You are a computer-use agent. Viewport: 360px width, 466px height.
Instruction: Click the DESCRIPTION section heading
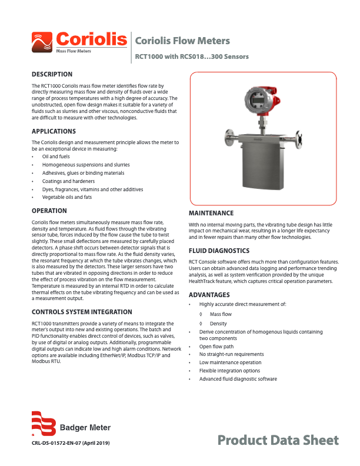[x=52, y=75]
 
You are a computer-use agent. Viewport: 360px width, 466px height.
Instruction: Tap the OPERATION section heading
[x=49, y=210]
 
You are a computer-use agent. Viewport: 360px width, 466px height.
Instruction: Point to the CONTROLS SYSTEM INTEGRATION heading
[x=82, y=312]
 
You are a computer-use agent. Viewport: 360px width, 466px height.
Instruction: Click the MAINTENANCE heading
[x=211, y=213]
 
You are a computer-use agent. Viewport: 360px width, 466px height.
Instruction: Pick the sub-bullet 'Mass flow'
[x=221, y=315]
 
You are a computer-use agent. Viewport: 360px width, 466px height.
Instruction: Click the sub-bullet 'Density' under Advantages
[x=218, y=324]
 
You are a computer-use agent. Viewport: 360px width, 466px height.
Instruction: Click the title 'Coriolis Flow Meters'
[x=182, y=41]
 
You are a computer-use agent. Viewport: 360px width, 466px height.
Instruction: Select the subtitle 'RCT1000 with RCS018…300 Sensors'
[x=192, y=57]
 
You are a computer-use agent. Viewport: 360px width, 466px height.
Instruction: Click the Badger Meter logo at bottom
[x=71, y=424]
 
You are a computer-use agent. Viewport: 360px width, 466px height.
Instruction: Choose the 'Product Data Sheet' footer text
[x=278, y=440]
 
